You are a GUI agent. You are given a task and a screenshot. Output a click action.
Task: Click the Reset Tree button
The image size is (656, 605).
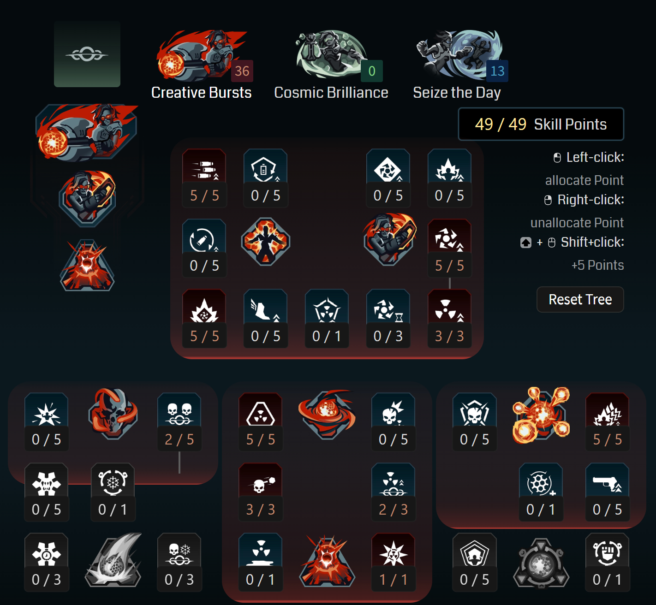tap(580, 300)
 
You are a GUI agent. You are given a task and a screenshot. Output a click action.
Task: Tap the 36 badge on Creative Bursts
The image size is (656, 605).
tap(242, 71)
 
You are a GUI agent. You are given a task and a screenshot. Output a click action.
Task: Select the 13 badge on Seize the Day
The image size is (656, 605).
tap(497, 71)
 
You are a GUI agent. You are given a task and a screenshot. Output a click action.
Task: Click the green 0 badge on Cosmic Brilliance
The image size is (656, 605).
tap(372, 71)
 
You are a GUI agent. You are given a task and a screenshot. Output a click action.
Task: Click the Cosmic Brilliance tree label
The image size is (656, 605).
tap(331, 93)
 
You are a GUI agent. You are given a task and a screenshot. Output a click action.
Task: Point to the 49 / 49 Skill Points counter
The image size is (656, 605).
tap(541, 124)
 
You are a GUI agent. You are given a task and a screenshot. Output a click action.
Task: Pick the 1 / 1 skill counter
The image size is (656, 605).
tap(393, 580)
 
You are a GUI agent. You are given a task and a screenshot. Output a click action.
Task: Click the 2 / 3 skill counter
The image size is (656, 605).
tap(393, 509)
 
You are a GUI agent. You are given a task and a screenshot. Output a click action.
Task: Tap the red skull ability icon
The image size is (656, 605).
tap(113, 414)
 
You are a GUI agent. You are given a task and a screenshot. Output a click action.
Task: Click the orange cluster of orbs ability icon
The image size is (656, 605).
tap(541, 415)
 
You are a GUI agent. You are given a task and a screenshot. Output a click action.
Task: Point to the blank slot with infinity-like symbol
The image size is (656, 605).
tap(87, 54)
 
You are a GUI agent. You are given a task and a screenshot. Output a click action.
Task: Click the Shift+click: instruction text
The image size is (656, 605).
tap(592, 243)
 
